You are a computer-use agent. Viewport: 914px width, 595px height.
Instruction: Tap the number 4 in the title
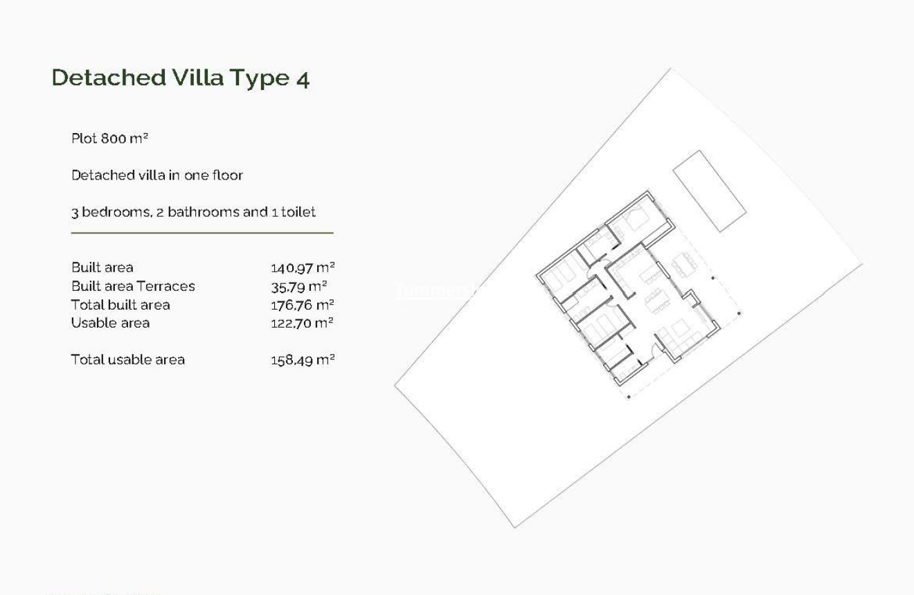pos(303,78)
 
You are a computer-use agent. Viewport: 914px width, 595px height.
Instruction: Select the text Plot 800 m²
pos(110,139)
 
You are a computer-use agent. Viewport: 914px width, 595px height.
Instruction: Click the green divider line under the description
pos(201,233)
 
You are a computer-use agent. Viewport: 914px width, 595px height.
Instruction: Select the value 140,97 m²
pos(302,268)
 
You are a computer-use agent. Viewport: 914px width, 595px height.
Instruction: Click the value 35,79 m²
pos(298,286)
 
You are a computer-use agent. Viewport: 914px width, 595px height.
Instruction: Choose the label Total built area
pos(120,305)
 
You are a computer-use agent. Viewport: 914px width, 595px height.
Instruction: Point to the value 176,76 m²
pos(302,305)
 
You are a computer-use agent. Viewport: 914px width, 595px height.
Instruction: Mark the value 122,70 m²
pos(302,323)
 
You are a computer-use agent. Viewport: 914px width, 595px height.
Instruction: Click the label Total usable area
pos(128,359)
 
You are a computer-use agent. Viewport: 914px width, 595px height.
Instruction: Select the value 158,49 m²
pos(302,359)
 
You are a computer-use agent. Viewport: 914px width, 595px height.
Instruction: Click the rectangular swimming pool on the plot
pos(709,190)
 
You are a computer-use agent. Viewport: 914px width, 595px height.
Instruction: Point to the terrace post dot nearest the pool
pos(713,278)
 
